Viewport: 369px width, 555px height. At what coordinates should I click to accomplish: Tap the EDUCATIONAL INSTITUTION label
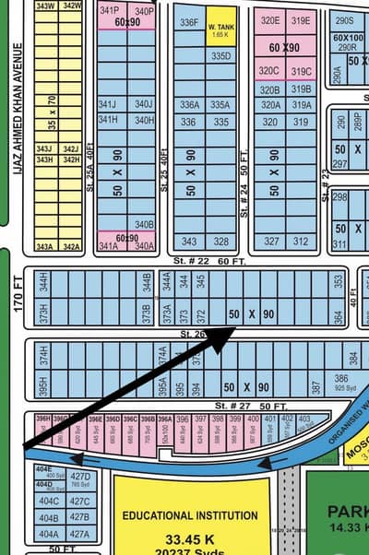(190, 515)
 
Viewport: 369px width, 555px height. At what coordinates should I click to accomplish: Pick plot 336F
(189, 22)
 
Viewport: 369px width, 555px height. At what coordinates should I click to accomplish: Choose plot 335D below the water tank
(220, 56)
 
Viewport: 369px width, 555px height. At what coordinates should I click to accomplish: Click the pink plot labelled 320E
(269, 20)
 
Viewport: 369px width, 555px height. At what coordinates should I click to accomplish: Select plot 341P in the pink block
(109, 10)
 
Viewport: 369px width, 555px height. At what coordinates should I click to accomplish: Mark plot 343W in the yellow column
(44, 6)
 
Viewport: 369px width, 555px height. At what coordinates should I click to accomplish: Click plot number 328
(220, 242)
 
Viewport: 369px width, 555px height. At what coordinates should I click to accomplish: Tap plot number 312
(300, 242)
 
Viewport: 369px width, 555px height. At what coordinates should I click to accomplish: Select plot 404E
(44, 468)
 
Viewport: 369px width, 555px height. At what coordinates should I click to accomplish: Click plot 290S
(344, 20)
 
